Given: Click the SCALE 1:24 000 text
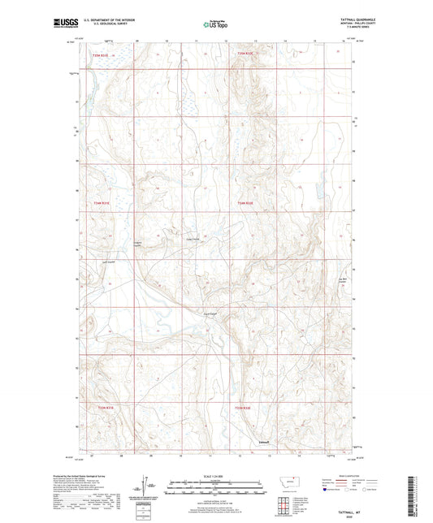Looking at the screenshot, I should (216, 477).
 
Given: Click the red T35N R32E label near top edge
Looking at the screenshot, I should (245, 53).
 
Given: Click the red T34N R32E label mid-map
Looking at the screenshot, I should (245, 203).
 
